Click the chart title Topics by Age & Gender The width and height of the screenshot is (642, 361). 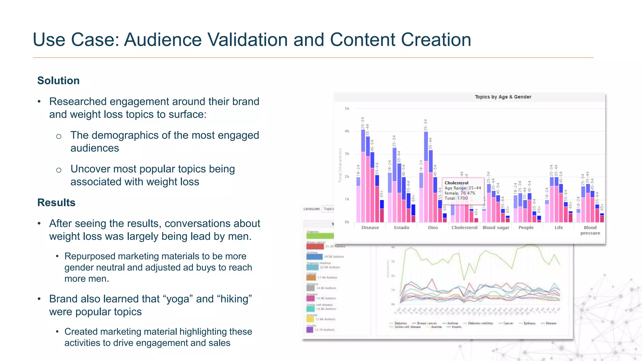tap(503, 97)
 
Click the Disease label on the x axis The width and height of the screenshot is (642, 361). tap(370, 228)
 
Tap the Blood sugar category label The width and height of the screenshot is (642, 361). tap(496, 228)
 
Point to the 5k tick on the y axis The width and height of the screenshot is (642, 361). tap(347, 109)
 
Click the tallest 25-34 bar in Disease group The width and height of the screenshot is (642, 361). tap(363, 175)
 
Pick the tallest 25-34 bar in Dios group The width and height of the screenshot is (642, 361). tap(426, 177)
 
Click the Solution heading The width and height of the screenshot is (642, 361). tap(58, 81)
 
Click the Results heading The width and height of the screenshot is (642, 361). tap(56, 202)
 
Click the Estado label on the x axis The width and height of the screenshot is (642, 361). tap(401, 228)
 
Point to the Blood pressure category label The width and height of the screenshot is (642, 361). tap(590, 230)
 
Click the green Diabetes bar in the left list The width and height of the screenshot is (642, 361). tap(320, 236)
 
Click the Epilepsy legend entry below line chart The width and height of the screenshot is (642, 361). tap(529, 323)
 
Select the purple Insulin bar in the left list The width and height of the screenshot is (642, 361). tap(310, 330)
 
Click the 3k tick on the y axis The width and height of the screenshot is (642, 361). tap(347, 154)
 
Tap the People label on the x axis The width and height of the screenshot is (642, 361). tap(526, 228)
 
